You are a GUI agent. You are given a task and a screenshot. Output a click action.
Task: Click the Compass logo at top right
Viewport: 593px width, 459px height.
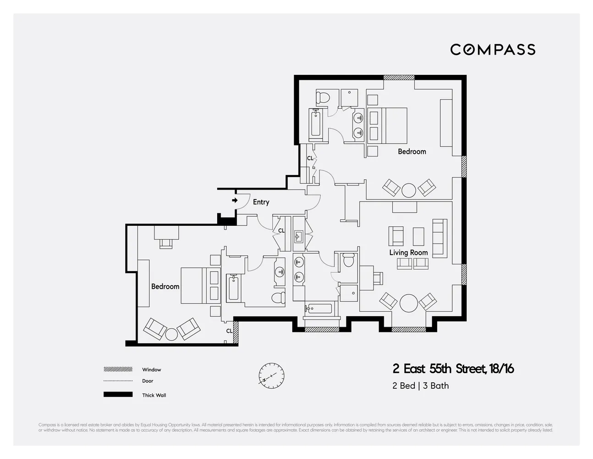pos(493,50)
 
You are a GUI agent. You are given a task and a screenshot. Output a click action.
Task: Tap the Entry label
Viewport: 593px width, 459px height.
pos(261,202)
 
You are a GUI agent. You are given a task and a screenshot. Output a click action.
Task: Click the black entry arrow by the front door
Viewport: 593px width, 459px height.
pos(235,201)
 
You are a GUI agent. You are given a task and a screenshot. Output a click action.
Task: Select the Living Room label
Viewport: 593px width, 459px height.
pos(408,252)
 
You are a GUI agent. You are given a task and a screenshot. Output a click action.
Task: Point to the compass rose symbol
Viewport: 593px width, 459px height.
pos(271,376)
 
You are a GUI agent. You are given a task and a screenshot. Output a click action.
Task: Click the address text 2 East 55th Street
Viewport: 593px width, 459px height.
pos(453,369)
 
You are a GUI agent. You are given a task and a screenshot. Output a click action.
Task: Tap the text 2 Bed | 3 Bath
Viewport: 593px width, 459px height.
pos(420,386)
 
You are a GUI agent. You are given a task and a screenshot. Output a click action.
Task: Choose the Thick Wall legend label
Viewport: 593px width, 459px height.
pos(154,395)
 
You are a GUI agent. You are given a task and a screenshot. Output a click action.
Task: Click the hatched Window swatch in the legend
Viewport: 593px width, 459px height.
pos(118,369)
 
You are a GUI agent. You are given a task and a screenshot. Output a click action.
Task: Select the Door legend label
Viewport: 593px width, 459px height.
pos(148,381)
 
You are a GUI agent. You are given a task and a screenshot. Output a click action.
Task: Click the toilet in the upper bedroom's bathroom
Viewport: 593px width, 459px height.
pos(323,97)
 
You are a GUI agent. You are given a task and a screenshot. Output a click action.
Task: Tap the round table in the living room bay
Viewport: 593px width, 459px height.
pos(408,303)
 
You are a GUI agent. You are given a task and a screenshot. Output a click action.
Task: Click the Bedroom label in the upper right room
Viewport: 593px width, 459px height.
pos(412,151)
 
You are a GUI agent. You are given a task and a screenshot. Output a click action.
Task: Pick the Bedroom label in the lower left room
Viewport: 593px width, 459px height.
pos(165,286)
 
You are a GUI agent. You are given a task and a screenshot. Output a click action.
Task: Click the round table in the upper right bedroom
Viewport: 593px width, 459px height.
pos(408,190)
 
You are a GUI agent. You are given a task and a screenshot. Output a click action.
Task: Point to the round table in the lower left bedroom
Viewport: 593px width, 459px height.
pos(171,334)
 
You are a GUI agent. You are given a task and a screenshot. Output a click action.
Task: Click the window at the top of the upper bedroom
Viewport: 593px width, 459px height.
pos(399,78)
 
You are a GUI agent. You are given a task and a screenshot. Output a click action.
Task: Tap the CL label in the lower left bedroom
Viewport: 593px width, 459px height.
pos(229,331)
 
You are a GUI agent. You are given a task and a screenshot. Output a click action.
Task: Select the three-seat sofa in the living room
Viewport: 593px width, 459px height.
pos(439,238)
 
